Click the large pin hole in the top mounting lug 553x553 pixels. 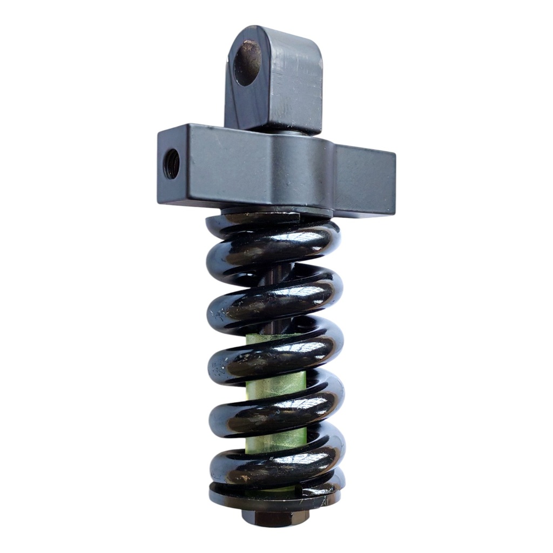click(x=247, y=63)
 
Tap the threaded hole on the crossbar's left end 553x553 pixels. click(x=171, y=164)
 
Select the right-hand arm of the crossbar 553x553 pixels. click(x=365, y=180)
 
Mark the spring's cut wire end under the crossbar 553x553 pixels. click(x=292, y=219)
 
